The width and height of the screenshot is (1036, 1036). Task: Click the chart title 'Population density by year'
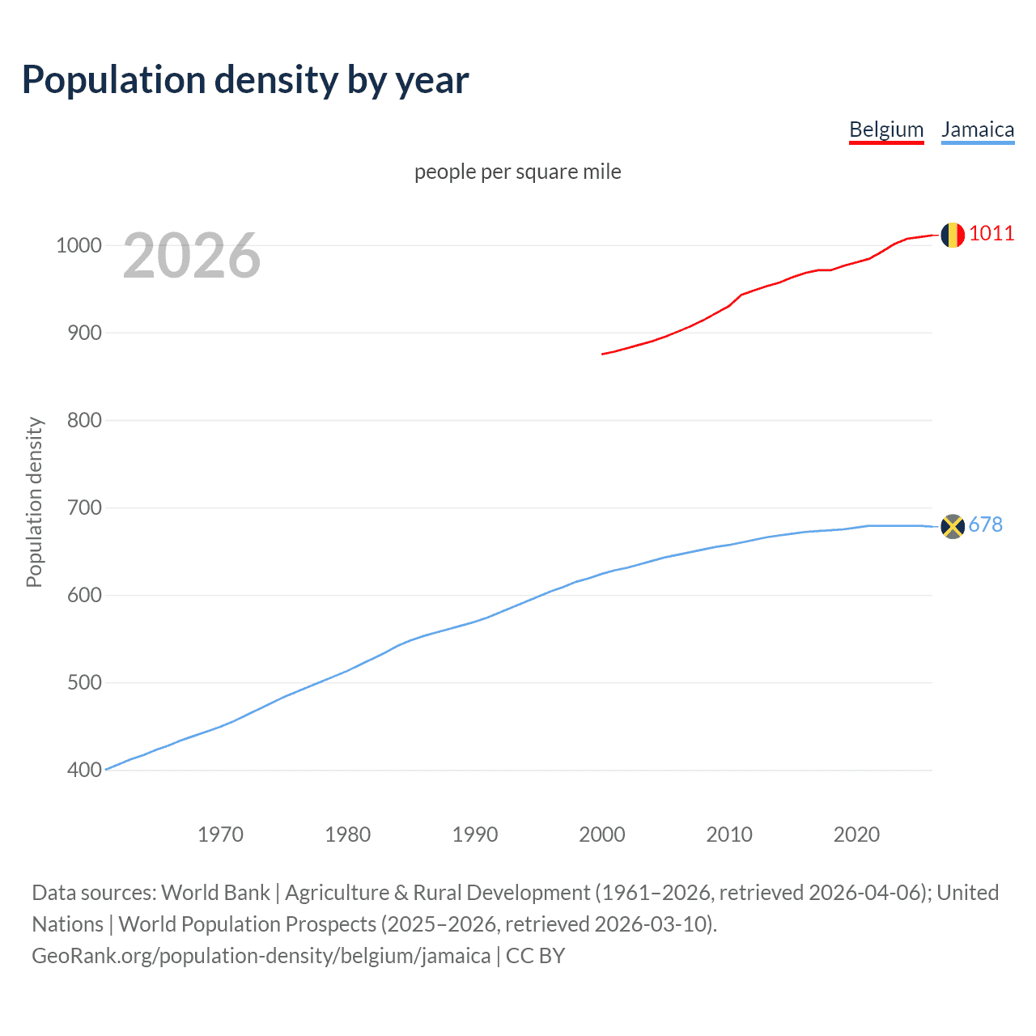coord(245,80)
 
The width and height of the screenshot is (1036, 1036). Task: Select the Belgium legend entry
coord(886,129)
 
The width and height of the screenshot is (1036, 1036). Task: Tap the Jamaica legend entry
coord(978,129)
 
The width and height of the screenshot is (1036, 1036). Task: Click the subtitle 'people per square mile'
coord(518,172)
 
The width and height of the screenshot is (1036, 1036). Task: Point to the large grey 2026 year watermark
coord(192,256)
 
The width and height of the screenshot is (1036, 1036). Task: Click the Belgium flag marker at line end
coord(953,235)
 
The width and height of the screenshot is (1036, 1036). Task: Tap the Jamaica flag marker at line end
coord(953,526)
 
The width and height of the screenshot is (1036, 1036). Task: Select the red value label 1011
coord(991,233)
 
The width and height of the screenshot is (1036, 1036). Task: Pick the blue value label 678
coord(986,524)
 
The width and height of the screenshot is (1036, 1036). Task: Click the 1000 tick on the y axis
coord(78,245)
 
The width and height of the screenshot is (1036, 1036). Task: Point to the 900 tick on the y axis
coord(84,333)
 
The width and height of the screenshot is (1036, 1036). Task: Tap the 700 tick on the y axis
coord(84,507)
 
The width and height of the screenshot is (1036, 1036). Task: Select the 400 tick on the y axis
coord(84,770)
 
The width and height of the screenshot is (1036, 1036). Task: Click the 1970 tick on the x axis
coord(220,834)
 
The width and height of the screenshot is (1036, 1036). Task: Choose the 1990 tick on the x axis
coord(475,834)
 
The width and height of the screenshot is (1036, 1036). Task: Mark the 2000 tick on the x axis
coord(602,834)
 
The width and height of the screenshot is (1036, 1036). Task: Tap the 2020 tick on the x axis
coord(856,834)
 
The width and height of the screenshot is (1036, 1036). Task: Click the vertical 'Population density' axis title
coord(34,502)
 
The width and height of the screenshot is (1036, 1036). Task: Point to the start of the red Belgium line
coord(603,354)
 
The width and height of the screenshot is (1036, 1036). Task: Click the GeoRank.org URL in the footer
coord(261,956)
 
